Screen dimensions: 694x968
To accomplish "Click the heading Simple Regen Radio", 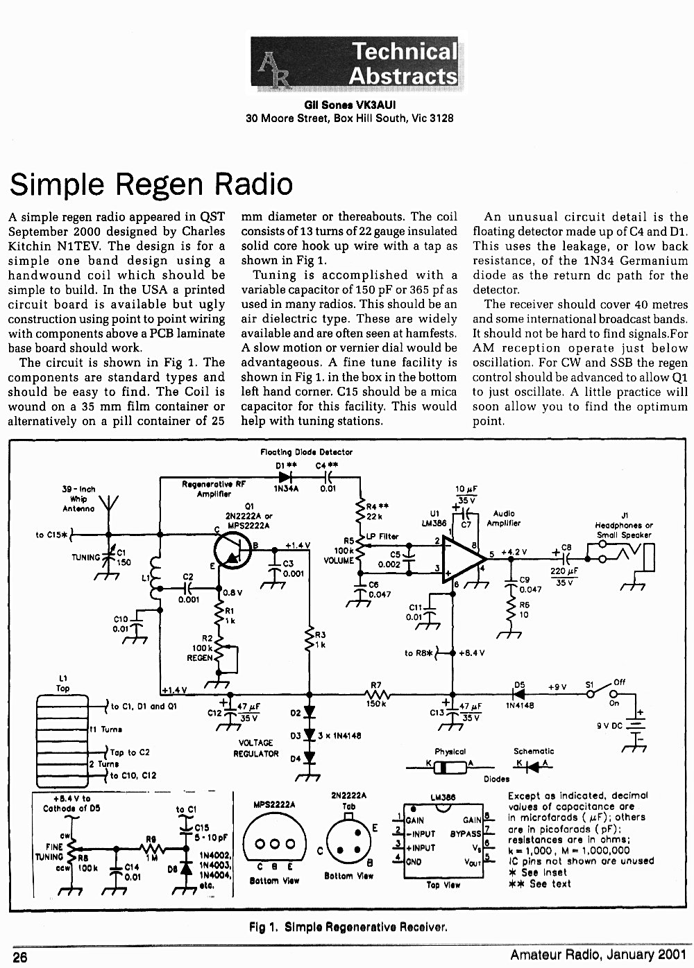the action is point(151,184).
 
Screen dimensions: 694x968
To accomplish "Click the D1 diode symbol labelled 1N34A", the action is point(285,477).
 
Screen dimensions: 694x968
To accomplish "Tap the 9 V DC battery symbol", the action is point(636,727).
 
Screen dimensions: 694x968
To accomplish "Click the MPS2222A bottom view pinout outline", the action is point(275,843).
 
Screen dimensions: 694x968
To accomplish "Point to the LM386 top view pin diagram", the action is point(443,840).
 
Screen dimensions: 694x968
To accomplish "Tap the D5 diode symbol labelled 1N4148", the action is point(519,695).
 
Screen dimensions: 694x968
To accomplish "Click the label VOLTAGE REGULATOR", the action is point(255,748).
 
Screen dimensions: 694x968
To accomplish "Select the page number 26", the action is point(20,957).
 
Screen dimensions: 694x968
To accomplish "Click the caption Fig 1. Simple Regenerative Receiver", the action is point(348,927).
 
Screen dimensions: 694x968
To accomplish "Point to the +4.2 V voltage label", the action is point(514,552).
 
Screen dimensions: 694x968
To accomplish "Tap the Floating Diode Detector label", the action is point(306,452).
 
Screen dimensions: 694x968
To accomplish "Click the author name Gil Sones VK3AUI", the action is point(350,105).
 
